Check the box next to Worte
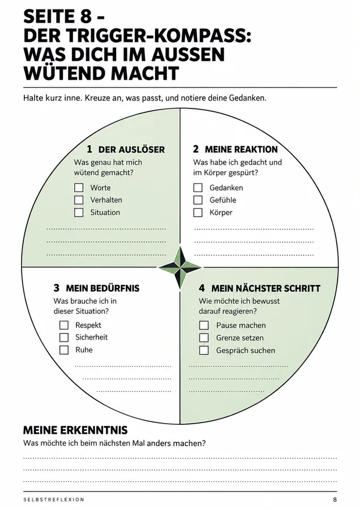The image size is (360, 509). (x=79, y=188)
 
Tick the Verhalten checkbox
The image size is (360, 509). (x=79, y=200)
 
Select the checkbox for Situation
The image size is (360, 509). (x=79, y=212)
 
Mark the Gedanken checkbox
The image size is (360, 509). (x=198, y=188)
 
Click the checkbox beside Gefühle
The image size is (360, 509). (x=198, y=200)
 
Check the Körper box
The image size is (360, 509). (x=198, y=212)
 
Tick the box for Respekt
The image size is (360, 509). (x=64, y=325)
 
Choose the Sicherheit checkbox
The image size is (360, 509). (x=64, y=337)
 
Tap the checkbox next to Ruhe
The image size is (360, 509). (x=64, y=350)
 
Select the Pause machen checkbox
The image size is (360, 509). (x=204, y=325)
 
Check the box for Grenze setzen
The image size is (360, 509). (x=204, y=338)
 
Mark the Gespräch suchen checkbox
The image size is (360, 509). (x=204, y=350)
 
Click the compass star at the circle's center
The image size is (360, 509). (x=180, y=268)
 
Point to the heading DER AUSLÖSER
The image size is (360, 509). (x=131, y=149)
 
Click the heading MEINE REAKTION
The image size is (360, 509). (x=241, y=149)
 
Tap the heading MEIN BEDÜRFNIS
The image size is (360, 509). (x=102, y=288)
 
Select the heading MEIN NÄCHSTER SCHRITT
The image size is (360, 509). (x=266, y=288)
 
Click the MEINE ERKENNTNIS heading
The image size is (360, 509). (x=75, y=430)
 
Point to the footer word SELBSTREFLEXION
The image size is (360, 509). (x=54, y=499)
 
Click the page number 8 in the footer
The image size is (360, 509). (x=335, y=499)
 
